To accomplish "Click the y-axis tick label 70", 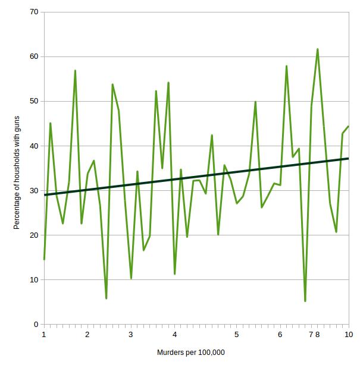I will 35,12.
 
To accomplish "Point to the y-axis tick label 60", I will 35,56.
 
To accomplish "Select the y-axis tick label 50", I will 35,101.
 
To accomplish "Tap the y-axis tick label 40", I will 35,146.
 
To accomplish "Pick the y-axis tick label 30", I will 35,190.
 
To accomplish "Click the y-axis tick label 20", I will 35,235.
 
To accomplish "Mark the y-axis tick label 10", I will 35,279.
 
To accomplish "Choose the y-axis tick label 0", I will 36,325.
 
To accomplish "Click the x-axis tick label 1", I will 44,335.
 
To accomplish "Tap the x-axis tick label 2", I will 87,335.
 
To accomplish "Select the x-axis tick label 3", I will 131,335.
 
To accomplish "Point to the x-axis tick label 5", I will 236,335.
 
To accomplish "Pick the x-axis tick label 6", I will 280,335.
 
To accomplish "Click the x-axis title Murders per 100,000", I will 191,353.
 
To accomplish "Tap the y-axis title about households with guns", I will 17,173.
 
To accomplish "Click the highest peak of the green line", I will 318,49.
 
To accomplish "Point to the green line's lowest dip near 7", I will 305,301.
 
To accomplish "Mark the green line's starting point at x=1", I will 44,259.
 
